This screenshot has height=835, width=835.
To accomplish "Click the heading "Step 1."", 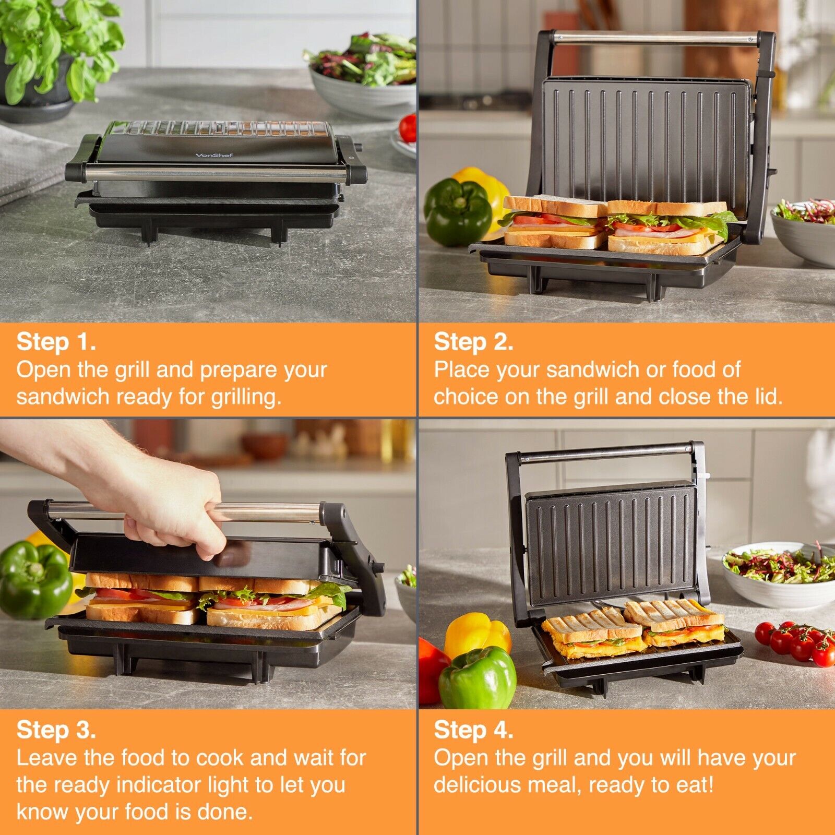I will [56, 342].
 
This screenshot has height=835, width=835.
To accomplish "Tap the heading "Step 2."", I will [473, 342].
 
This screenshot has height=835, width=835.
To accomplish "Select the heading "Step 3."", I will [56, 730].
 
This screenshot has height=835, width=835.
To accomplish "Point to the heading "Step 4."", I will [473, 730].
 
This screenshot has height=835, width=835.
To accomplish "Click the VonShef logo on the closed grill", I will [214, 155].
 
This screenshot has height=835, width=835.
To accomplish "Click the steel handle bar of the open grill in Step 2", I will [655, 38].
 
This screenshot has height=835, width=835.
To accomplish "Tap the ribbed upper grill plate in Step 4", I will [611, 543].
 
